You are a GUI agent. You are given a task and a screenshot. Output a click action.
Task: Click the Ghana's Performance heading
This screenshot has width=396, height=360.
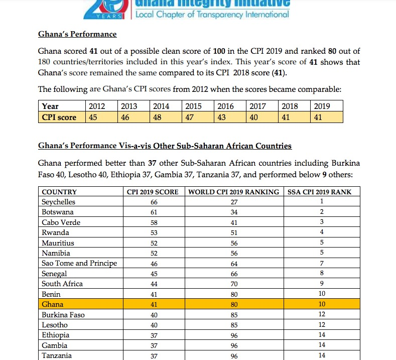77,34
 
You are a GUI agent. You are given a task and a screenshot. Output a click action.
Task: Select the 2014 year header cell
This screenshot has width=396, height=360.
161,106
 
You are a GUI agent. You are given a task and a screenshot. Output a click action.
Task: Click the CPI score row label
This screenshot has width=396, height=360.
59,117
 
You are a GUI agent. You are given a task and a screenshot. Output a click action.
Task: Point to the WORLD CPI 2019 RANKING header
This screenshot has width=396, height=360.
233,192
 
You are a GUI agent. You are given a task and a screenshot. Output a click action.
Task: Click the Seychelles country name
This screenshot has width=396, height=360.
58,202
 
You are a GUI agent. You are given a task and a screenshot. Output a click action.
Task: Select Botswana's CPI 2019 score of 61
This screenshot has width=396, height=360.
154,212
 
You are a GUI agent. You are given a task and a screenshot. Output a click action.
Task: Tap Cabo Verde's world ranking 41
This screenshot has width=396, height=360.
233,222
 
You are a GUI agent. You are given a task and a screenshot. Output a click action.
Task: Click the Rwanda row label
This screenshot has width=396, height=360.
55,232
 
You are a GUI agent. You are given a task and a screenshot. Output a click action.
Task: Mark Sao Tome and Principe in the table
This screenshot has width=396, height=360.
79,263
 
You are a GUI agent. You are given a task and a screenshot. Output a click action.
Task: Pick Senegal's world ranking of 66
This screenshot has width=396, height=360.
233,274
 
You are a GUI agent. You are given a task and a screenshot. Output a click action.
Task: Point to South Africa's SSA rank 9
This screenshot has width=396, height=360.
322,284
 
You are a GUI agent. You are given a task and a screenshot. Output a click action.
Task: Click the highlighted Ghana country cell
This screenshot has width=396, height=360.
53,304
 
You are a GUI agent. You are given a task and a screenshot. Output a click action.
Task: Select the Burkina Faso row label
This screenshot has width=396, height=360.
63,315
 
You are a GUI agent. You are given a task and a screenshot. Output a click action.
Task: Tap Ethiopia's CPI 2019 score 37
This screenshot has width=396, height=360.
154,335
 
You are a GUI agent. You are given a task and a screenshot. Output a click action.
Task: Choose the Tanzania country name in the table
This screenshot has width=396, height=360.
57,355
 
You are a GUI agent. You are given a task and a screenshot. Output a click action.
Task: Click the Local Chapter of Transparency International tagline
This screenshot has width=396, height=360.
213,14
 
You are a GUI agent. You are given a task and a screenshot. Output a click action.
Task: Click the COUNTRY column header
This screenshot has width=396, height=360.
59,192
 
